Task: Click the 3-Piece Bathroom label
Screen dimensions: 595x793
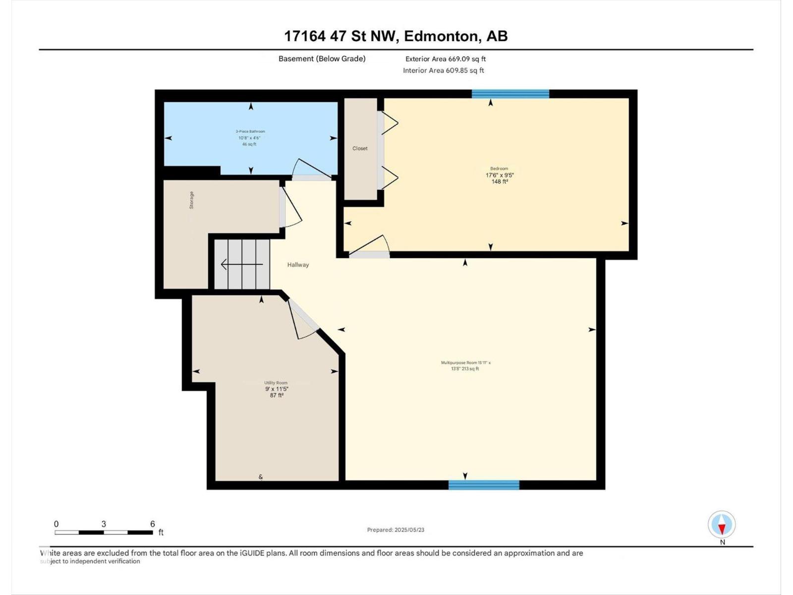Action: click(x=250, y=132)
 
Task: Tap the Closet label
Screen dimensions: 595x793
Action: click(x=360, y=148)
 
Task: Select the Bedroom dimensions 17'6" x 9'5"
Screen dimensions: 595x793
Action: click(x=499, y=175)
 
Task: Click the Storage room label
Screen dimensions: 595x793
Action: click(x=192, y=200)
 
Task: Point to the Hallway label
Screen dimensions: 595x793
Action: click(x=298, y=265)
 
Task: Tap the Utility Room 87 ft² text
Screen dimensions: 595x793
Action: click(x=277, y=395)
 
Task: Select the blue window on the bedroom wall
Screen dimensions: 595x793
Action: click(x=510, y=94)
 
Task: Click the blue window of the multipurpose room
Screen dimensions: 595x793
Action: click(x=484, y=485)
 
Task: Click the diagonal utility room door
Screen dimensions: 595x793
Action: click(x=303, y=317)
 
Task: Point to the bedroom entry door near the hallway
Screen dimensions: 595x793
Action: click(x=370, y=248)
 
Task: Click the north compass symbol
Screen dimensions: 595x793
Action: click(x=722, y=525)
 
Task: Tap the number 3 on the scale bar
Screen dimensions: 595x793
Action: click(x=104, y=524)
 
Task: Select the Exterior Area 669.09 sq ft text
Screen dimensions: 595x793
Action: click(x=445, y=59)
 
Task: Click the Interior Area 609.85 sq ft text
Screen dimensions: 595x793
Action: click(x=443, y=70)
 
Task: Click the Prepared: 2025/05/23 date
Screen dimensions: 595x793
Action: click(x=396, y=530)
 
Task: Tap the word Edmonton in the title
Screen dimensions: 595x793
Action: click(x=441, y=36)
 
